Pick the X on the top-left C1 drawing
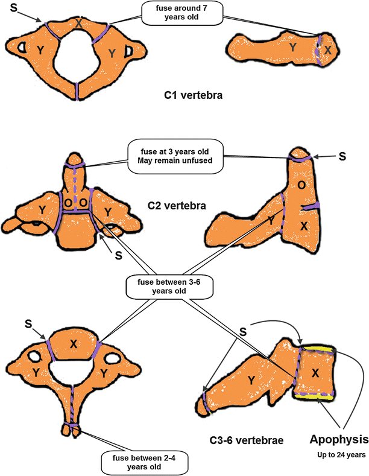pyautogui.click(x=79, y=24)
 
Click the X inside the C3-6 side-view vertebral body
pyautogui.click(x=316, y=373)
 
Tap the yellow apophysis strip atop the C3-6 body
pyautogui.click(x=316, y=349)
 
